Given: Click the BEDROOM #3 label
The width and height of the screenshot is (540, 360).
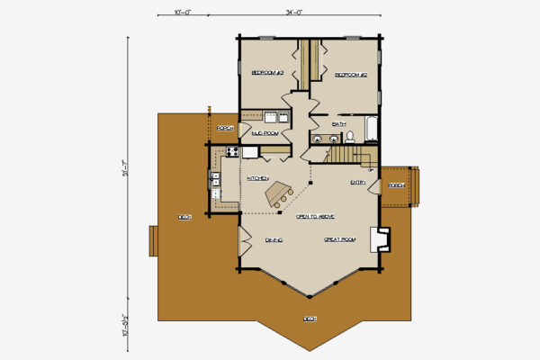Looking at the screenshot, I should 267,72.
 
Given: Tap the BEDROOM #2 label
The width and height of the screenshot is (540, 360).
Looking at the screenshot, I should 351,76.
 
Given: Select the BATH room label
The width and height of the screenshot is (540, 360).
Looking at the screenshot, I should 339,123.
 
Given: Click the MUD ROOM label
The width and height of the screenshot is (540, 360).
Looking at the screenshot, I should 263,133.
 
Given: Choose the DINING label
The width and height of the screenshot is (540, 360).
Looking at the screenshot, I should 274,240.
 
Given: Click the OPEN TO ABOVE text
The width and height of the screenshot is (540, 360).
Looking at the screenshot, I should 316,217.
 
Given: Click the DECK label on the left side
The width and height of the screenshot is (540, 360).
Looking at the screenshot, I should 184,217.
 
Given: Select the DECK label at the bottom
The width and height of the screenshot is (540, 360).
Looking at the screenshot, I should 310,318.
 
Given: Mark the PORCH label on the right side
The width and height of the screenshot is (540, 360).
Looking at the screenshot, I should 395,185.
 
